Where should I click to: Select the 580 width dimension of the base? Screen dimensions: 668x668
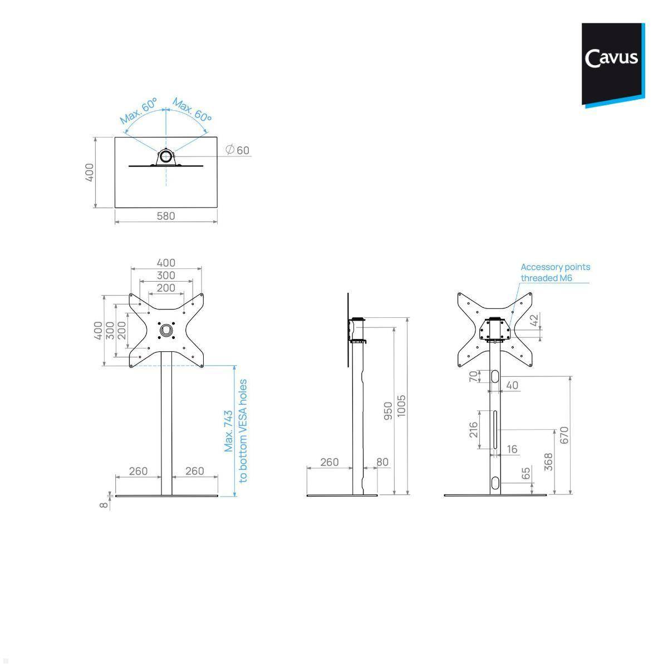[165, 216]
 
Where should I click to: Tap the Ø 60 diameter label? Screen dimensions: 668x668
[238, 150]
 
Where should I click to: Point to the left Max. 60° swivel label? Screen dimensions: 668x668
[138, 111]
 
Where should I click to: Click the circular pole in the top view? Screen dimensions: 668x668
[166, 156]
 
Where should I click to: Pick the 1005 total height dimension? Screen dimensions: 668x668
[401, 406]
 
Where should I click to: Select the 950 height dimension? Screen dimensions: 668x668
[388, 411]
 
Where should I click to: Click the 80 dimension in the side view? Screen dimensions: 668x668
[382, 462]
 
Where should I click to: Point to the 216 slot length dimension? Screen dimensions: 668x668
[473, 429]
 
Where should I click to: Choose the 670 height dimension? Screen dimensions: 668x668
[564, 435]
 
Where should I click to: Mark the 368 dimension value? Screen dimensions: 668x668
[548, 463]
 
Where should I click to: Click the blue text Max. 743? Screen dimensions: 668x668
[229, 431]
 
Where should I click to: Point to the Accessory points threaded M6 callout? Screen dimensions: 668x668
[555, 272]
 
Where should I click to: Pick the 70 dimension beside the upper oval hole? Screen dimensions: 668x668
[473, 377]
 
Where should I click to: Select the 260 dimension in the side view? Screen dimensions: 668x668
[329, 462]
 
